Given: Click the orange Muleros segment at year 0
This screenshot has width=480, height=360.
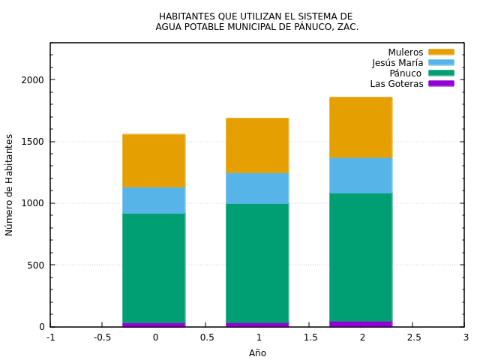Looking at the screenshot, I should (154, 160).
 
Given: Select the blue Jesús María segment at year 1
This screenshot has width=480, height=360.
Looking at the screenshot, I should (257, 188).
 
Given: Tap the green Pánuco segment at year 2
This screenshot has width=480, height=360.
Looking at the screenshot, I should (361, 257).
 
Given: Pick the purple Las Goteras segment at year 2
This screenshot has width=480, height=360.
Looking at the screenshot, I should (361, 324).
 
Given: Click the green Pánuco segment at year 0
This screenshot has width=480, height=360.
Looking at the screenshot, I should (154, 268).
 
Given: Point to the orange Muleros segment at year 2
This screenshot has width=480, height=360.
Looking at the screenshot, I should (361, 127).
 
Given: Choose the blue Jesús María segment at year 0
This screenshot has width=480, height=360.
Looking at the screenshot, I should (154, 200).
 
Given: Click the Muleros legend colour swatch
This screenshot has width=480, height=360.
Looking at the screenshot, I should (441, 52).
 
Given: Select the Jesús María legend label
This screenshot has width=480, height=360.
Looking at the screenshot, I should (397, 63).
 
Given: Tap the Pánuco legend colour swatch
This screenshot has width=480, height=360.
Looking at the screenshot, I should (441, 73).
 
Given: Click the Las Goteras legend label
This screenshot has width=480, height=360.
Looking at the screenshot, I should (397, 84).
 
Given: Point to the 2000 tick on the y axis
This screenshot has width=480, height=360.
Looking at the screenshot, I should (51, 80).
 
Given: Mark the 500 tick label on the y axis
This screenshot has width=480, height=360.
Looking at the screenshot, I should (37, 265).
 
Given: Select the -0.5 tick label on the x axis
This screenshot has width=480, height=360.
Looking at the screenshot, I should (102, 337).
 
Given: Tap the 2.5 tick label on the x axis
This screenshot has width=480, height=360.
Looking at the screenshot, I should (413, 337).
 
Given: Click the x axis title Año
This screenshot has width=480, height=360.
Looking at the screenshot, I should (257, 353).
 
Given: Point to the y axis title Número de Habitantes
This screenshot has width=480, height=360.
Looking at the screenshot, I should (10, 184).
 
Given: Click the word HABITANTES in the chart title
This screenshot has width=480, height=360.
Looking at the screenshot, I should (187, 16).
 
